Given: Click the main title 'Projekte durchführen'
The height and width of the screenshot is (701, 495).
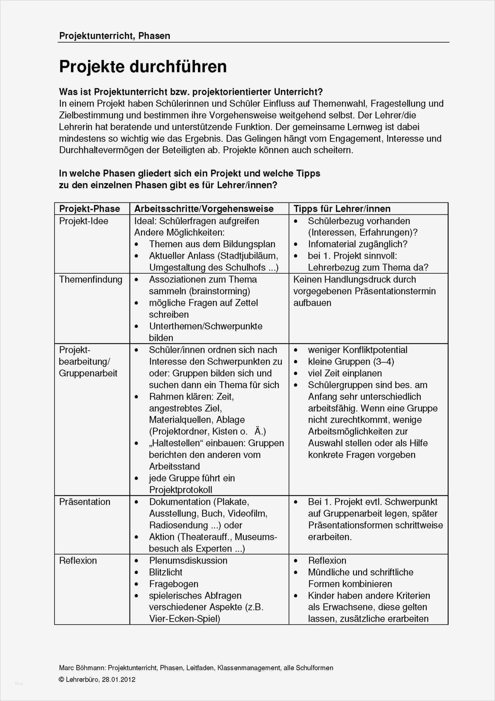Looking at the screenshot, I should click(143, 67).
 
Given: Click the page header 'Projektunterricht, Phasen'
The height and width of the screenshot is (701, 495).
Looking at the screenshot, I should click(114, 36).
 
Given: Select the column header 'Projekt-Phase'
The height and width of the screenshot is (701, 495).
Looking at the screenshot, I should click(89, 209).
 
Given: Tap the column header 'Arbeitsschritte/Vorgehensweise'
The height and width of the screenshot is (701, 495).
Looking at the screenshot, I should click(204, 209).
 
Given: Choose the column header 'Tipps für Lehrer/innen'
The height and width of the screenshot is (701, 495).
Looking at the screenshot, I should click(342, 209).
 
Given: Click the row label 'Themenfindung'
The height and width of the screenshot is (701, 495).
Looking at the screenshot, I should click(90, 279).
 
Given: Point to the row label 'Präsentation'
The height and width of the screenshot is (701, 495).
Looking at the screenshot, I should click(85, 502).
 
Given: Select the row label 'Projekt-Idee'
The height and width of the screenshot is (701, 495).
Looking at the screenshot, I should click(84, 221).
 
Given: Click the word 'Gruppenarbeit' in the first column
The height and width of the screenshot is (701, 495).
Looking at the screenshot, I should click(88, 373).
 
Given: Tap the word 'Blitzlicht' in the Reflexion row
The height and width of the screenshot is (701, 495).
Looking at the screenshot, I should click(166, 572).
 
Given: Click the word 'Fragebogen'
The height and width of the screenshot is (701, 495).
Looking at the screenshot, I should click(174, 584).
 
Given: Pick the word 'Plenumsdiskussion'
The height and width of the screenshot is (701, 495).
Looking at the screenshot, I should click(188, 560).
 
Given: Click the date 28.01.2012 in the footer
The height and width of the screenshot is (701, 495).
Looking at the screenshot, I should click(119, 679).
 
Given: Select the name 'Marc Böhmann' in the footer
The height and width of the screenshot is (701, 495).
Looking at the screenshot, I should click(82, 667).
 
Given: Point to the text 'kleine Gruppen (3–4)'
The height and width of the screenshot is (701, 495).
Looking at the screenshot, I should click(351, 362).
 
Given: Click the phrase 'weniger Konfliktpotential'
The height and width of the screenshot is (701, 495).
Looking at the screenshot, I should click(357, 350).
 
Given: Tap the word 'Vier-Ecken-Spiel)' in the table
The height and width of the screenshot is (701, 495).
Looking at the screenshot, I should click(184, 619).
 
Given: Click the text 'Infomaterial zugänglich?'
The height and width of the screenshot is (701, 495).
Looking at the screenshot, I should click(357, 244).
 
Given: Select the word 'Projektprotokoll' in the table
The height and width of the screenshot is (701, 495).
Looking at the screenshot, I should click(181, 490).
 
